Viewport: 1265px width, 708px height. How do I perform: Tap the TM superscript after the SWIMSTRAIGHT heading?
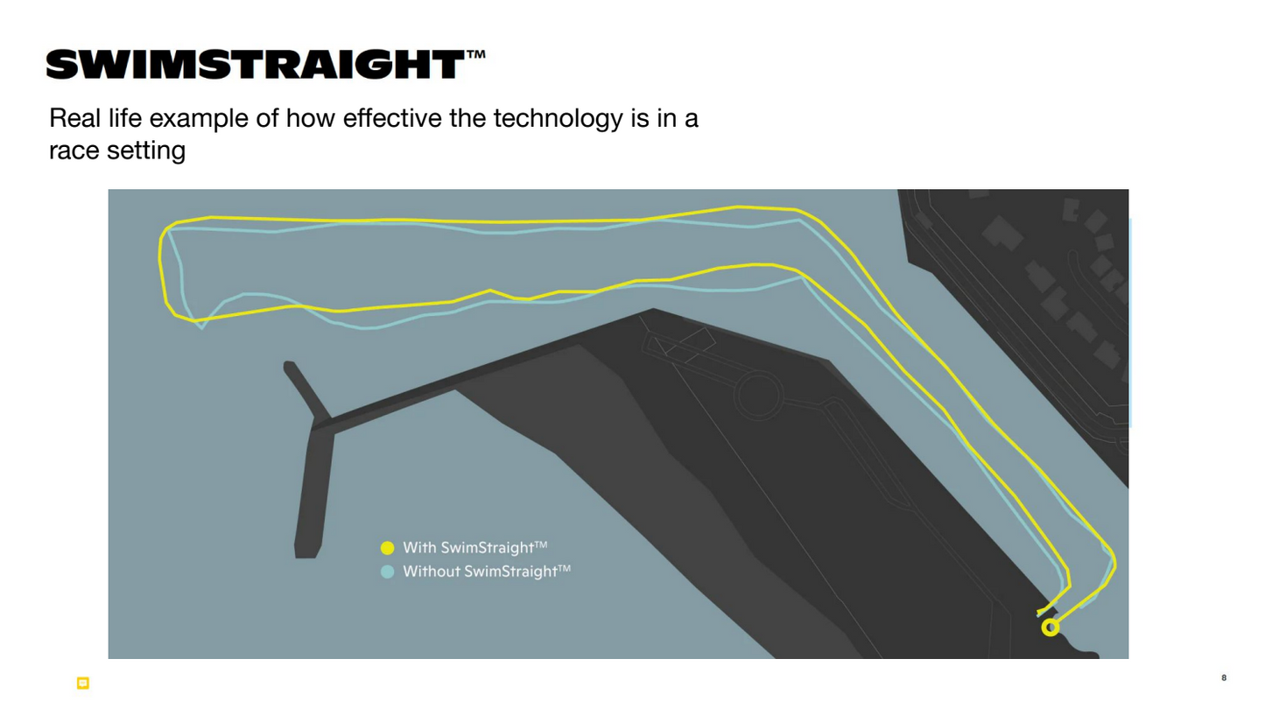pyautogui.click(x=475, y=55)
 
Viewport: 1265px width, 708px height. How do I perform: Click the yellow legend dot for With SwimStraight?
pyautogui.click(x=388, y=548)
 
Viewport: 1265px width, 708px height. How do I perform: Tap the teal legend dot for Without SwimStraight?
pyautogui.click(x=388, y=572)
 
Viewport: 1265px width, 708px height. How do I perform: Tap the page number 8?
pyautogui.click(x=1224, y=677)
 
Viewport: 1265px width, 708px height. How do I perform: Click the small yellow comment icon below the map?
pyautogui.click(x=83, y=683)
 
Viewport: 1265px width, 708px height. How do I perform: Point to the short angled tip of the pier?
pyautogui.click(x=289, y=366)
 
